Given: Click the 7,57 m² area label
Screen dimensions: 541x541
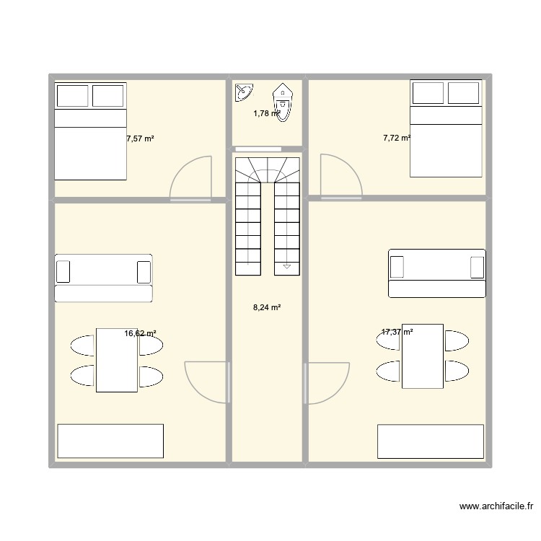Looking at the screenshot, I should pos(140,139).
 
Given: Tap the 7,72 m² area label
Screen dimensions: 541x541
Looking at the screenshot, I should pos(397,137).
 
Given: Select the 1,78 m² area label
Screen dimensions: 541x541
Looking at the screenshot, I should pos(266,113).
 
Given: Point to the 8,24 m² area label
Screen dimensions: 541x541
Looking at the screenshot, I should pos(266,307).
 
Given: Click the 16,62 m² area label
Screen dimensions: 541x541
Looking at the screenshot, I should pos(140,333).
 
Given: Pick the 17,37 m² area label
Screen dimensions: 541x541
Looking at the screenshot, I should pos(397,332).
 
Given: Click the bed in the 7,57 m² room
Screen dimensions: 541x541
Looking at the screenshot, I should pos(91,131).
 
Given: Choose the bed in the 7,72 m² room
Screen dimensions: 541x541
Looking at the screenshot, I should pos(446,128).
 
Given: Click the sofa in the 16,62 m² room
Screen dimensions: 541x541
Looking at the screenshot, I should pos(104,278).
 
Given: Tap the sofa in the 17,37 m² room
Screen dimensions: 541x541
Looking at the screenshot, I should pos(436,273).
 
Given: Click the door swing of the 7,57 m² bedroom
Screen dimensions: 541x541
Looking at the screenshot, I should pos(189,179).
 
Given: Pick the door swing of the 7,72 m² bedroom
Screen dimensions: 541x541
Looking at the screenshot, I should pos(339,175).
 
